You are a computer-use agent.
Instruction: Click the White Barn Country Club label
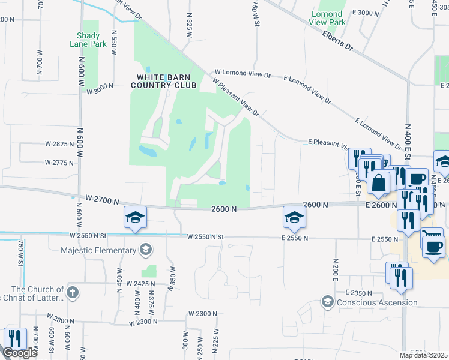166,81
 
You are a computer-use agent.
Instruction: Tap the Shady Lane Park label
92,40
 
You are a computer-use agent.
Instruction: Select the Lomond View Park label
328,18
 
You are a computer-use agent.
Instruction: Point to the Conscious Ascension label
376,302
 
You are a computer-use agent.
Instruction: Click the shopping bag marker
379,182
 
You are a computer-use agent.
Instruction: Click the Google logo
19,353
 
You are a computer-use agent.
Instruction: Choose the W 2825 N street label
59,144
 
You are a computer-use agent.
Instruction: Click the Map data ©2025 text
424,356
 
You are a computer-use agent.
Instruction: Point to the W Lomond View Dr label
243,76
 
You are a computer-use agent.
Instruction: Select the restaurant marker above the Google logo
13,338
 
